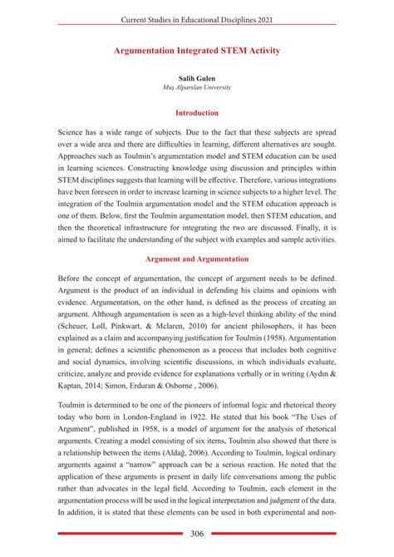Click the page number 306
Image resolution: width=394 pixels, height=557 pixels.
pos(197,535)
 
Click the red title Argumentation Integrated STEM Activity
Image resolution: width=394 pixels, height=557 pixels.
pos(197,51)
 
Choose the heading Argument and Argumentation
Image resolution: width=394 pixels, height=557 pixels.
pos(197,259)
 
